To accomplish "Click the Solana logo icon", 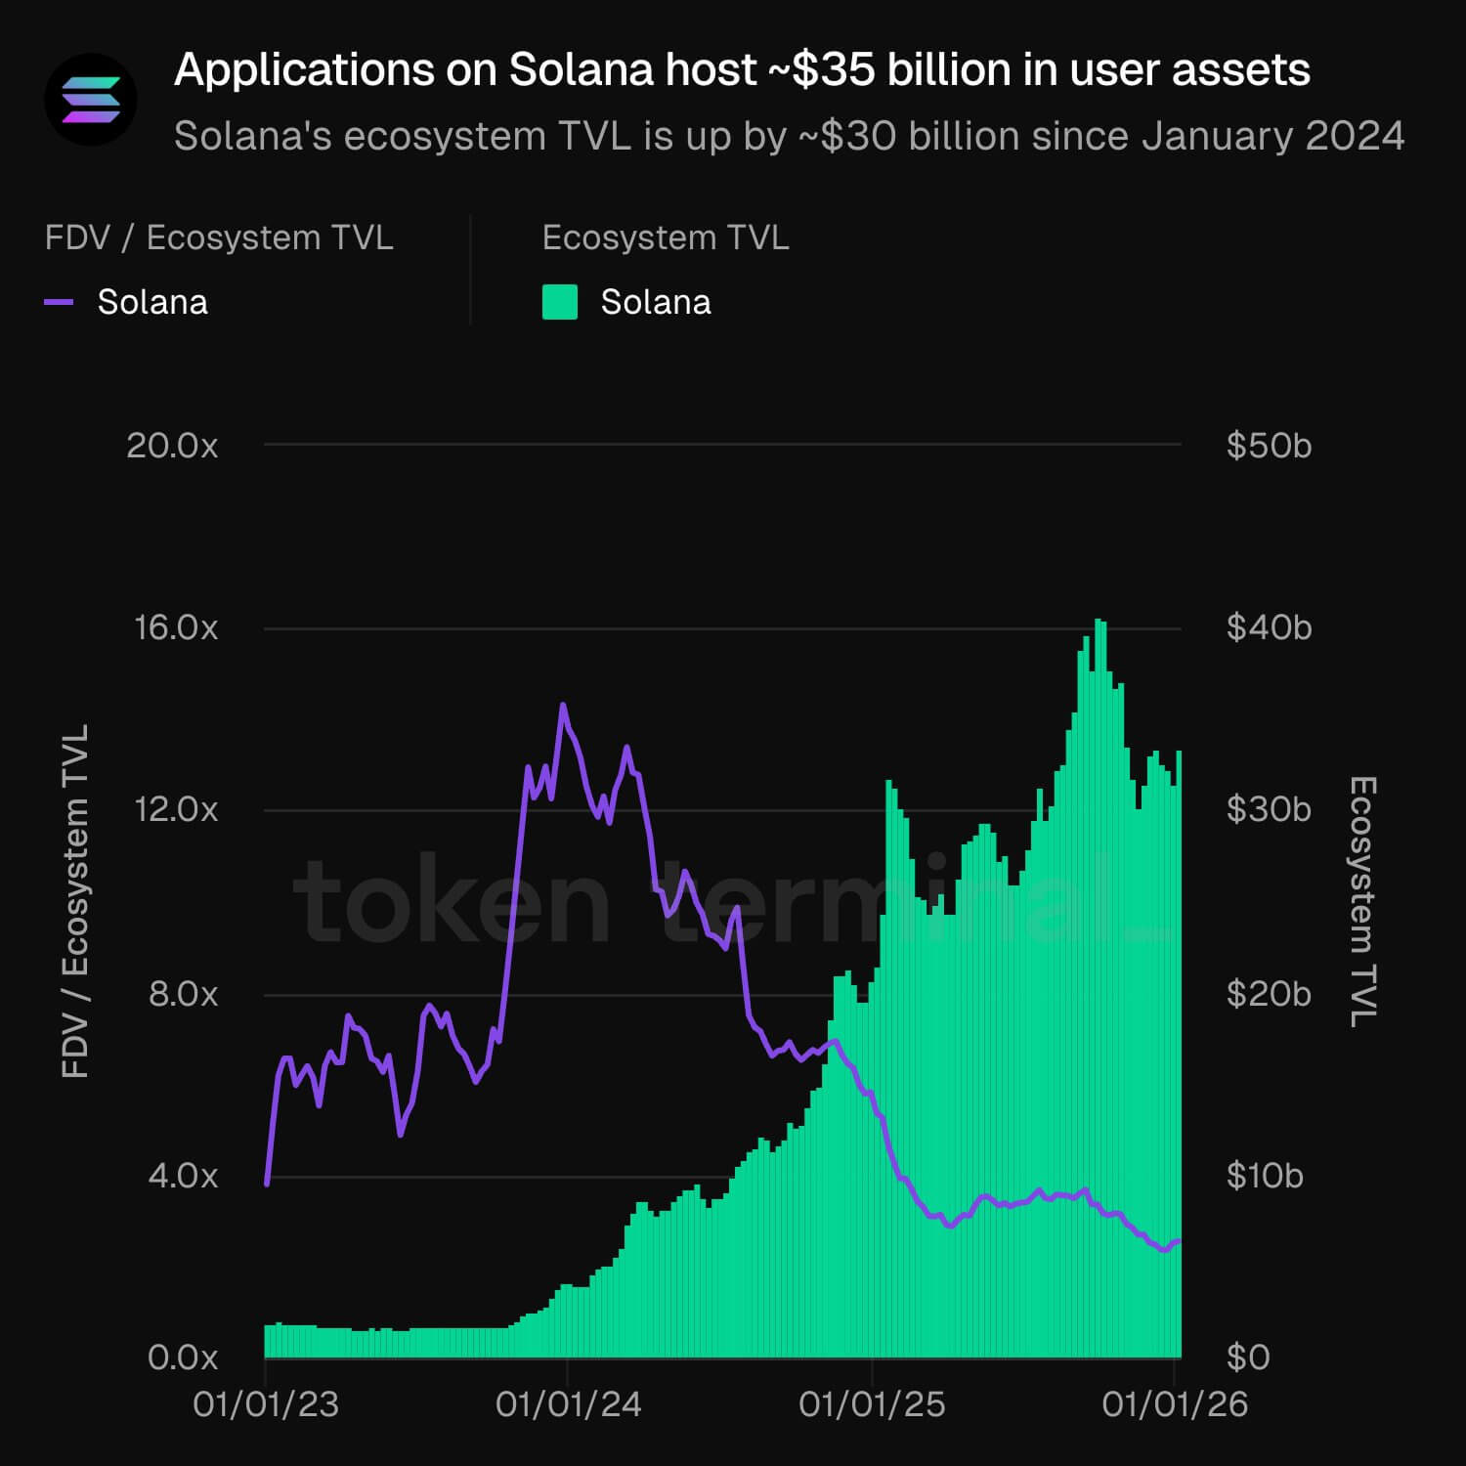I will click(x=91, y=100).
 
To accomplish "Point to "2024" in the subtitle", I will click(x=1354, y=137).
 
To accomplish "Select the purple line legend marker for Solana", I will click(x=60, y=303).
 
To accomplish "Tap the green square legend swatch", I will click(x=560, y=303).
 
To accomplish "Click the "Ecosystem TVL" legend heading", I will click(x=665, y=238).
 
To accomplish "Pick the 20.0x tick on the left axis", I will click(x=172, y=446).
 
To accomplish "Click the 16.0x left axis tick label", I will click(x=176, y=627).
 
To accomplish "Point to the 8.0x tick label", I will click(x=184, y=994).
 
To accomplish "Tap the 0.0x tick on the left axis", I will click(x=183, y=1358).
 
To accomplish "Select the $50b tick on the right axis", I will click(x=1269, y=446).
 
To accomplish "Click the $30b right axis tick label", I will click(x=1269, y=810).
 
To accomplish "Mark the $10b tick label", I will click(x=1265, y=1176).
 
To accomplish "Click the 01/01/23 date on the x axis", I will click(x=266, y=1404).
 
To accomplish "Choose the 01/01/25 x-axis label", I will click(x=872, y=1404).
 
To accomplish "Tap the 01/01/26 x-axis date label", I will click(x=1175, y=1404).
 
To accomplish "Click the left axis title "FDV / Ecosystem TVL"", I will click(x=75, y=901).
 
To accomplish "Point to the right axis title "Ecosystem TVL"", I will click(x=1362, y=901).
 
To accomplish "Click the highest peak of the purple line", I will click(x=563, y=705).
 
